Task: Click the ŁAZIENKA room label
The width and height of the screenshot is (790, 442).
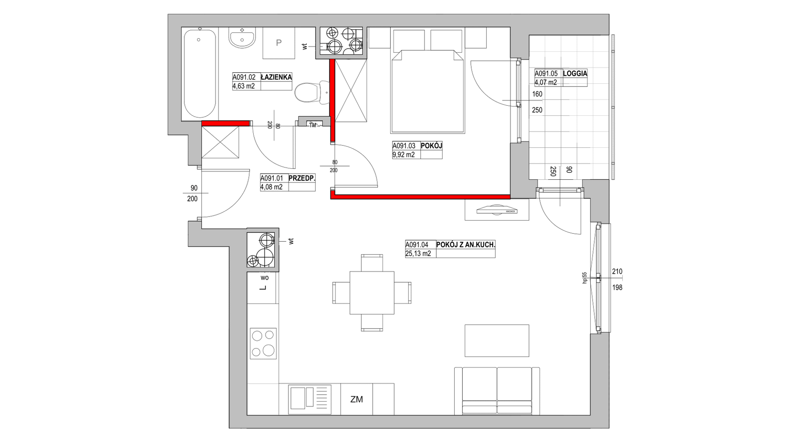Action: [x=276, y=77]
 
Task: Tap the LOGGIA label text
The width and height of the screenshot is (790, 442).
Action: [x=575, y=74]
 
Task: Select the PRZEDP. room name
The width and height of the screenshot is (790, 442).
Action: [x=302, y=178]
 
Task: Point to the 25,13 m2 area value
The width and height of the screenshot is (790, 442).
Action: [x=418, y=253]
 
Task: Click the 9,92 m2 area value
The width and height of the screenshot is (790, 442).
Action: [x=403, y=154]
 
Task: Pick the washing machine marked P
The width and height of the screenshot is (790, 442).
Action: [x=279, y=43]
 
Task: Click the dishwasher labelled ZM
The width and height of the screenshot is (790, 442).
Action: [x=356, y=399]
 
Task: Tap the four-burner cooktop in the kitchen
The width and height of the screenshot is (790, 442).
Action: [x=263, y=344]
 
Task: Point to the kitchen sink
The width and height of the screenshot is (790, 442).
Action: [x=310, y=399]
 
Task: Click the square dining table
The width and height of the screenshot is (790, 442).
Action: [x=372, y=293]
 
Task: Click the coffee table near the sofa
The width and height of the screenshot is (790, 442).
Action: [x=497, y=341]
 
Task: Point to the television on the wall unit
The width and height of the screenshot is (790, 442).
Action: [x=497, y=210]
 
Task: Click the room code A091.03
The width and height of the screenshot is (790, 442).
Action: [x=404, y=146]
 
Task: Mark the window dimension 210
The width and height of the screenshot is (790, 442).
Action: [x=617, y=271]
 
